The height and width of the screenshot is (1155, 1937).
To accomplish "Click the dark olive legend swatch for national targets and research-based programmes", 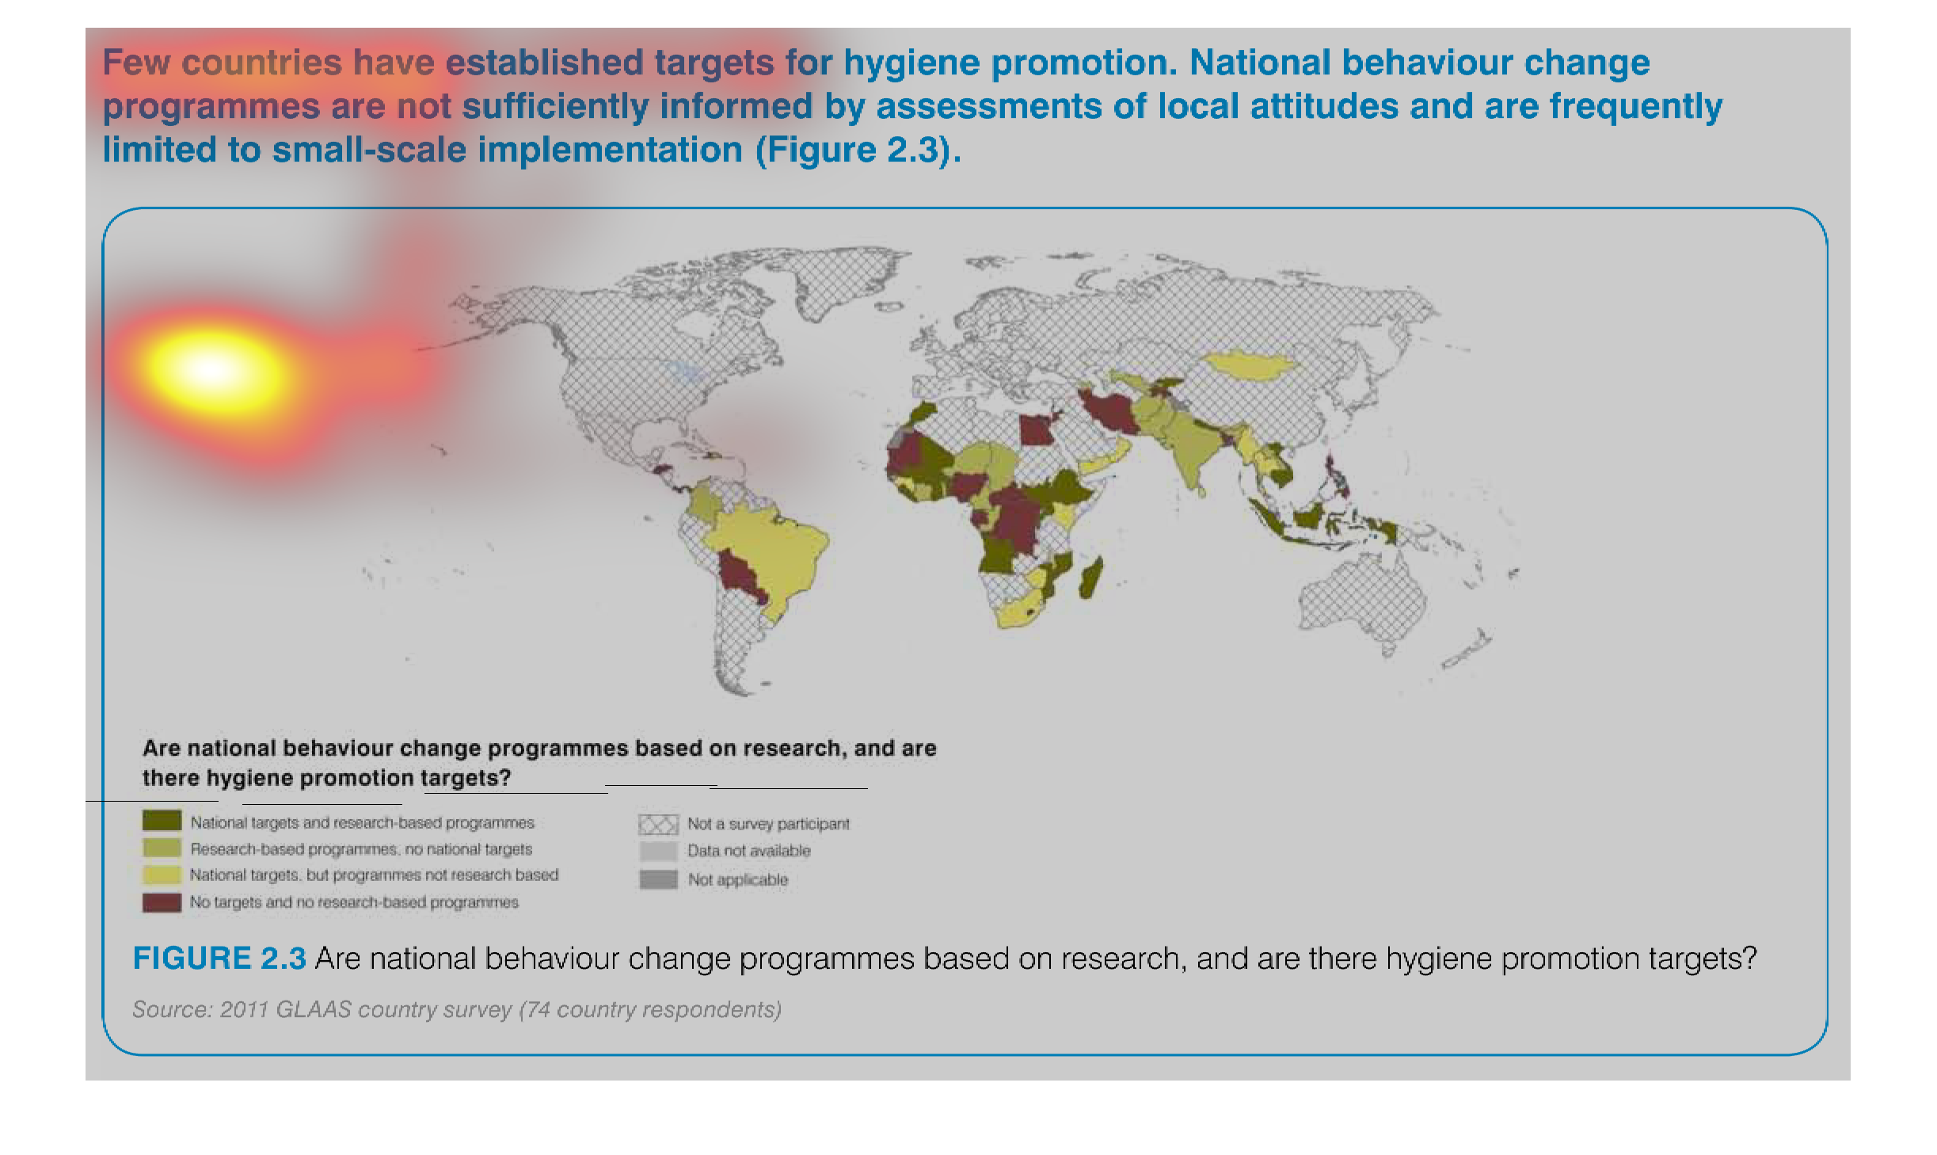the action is (x=162, y=821).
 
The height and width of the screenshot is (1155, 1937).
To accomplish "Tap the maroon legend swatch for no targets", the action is (x=162, y=902).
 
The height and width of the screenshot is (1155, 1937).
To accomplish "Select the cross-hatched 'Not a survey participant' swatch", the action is (x=658, y=825).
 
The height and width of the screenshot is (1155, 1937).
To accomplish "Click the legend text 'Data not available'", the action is (x=749, y=851).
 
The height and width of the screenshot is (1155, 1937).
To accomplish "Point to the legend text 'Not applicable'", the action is (x=738, y=879).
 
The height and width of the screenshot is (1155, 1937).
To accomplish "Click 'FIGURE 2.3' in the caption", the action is (x=219, y=959).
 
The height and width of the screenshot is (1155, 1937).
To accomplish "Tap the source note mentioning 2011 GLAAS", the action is (x=457, y=1009).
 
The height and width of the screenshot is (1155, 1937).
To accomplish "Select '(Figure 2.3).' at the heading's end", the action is (x=858, y=150).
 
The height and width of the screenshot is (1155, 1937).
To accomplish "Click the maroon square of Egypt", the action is (x=1036, y=429).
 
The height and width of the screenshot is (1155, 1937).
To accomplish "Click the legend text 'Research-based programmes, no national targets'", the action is (x=361, y=849).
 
